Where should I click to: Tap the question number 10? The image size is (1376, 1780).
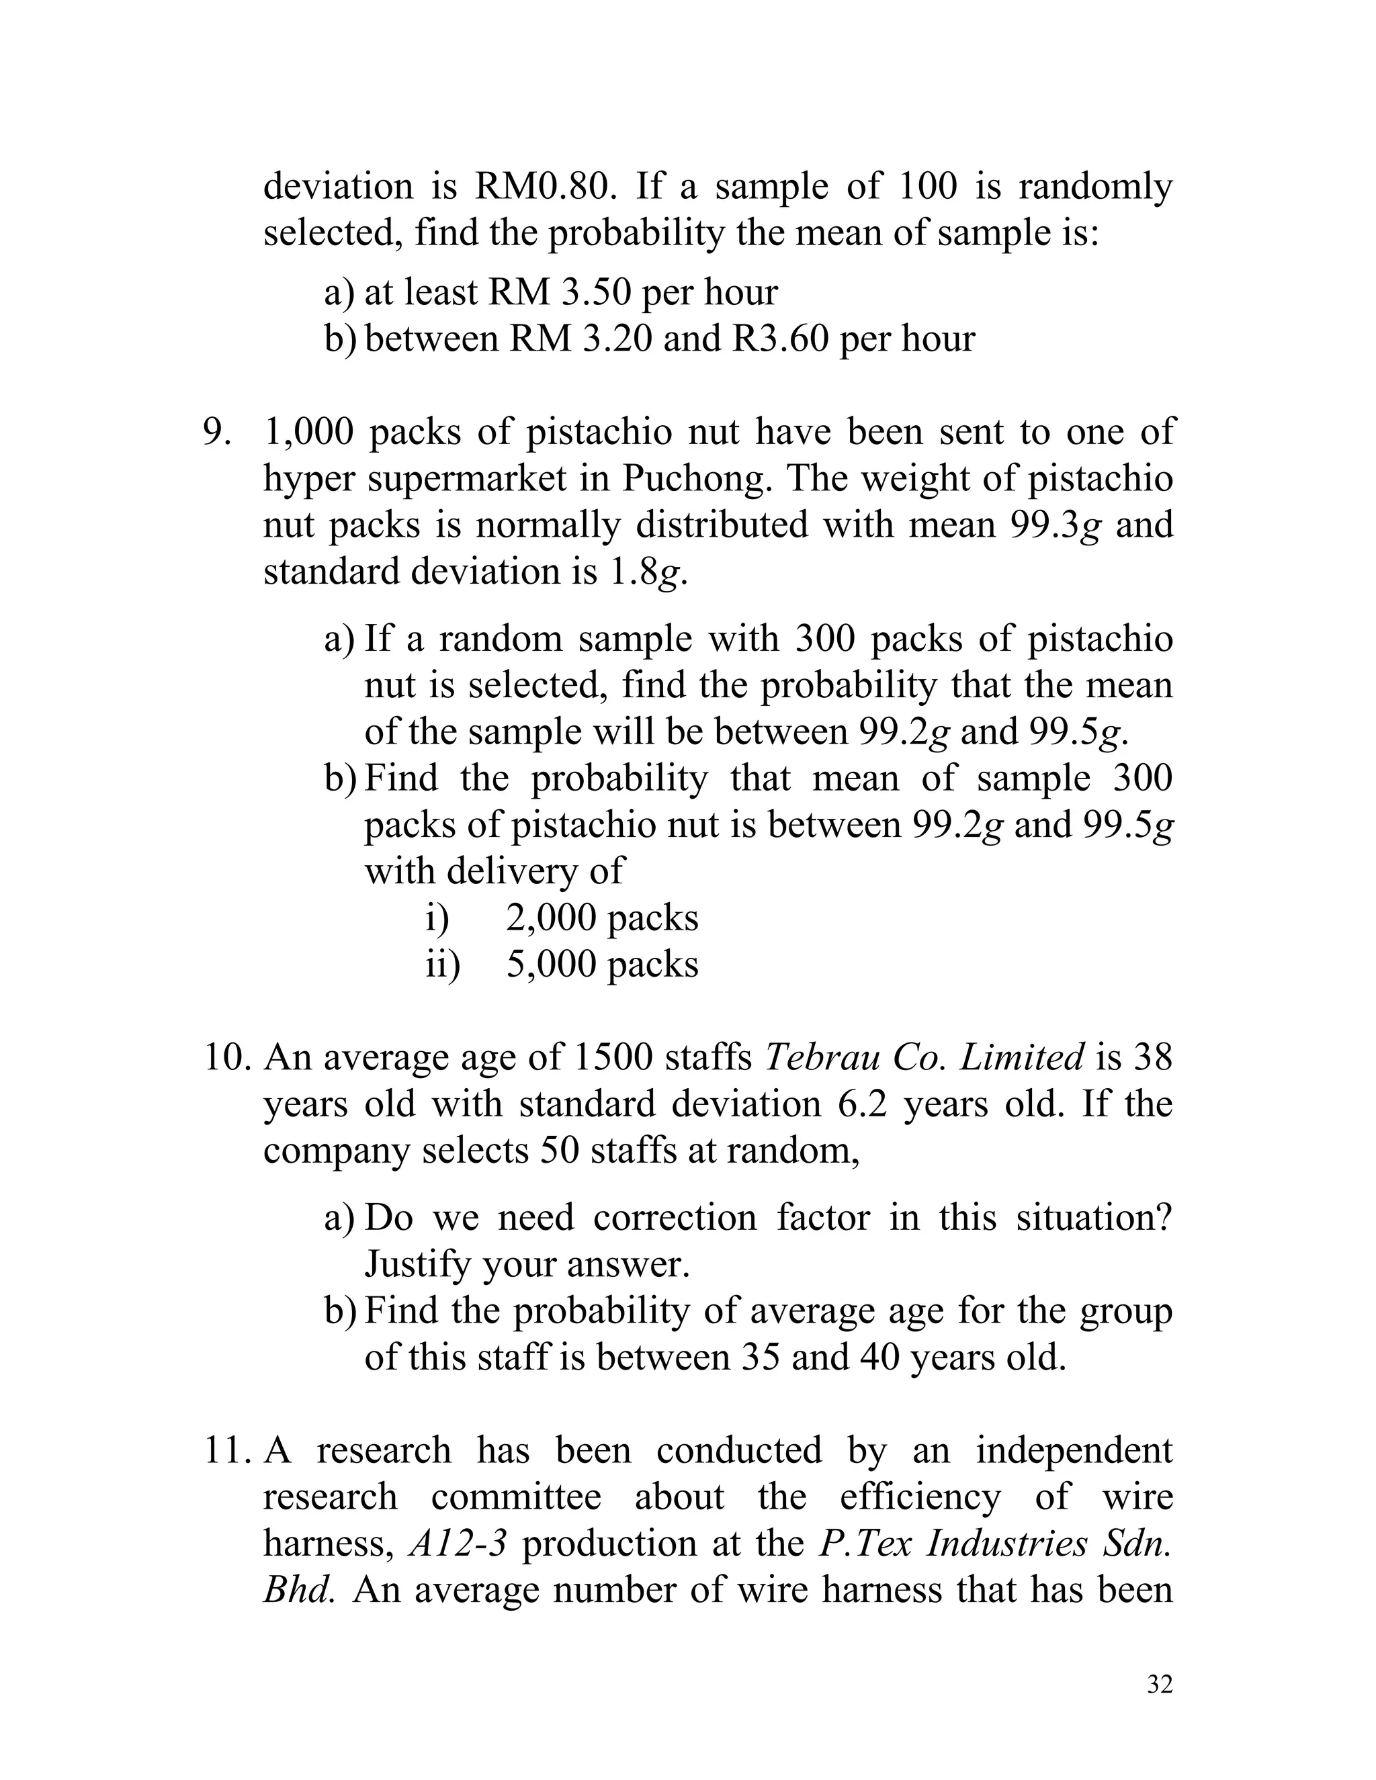coord(226,1058)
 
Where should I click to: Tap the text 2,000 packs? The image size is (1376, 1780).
coord(601,918)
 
